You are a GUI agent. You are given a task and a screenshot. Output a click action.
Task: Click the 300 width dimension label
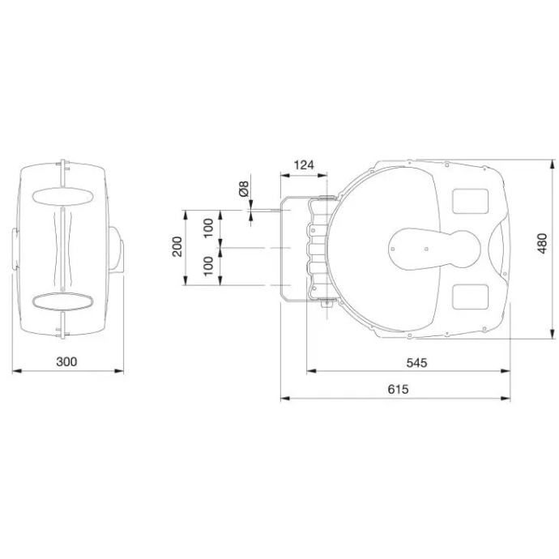(x=66, y=361)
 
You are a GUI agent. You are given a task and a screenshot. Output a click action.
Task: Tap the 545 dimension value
(x=416, y=363)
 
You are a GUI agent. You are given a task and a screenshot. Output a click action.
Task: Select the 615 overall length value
(x=398, y=389)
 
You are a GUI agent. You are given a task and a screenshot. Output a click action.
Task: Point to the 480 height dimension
(x=542, y=244)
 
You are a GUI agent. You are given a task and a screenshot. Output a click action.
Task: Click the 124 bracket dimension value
(x=304, y=165)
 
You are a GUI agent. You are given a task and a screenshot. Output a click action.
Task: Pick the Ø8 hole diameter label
(x=244, y=189)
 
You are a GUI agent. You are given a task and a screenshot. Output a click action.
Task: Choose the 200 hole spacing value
(x=177, y=247)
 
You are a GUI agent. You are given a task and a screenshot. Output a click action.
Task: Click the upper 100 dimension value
(x=208, y=228)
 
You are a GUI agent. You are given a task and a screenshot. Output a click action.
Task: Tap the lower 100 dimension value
(x=208, y=266)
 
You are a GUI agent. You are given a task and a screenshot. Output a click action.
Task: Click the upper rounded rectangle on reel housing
(x=470, y=201)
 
